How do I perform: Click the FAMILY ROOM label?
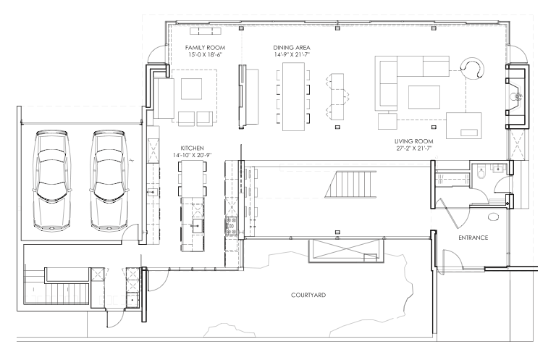click(205, 48)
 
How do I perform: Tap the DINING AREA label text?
click(292, 48)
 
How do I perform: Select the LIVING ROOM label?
click(413, 141)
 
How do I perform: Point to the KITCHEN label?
click(192, 148)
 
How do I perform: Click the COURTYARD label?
click(308, 295)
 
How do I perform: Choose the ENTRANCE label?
click(473, 238)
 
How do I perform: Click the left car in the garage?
click(51, 180)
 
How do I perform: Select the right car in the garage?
click(109, 180)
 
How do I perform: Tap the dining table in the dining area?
click(293, 96)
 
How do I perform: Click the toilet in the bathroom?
click(481, 172)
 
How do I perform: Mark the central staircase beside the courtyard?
click(350, 184)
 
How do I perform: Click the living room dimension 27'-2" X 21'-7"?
click(413, 148)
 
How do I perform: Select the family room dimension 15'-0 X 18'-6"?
click(205, 54)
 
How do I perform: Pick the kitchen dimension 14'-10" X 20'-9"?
click(192, 155)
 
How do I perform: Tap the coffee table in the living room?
click(424, 97)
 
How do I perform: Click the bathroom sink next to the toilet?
click(498, 168)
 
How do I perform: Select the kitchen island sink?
click(197, 225)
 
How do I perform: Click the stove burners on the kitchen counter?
click(231, 226)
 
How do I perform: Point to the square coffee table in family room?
click(191, 88)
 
